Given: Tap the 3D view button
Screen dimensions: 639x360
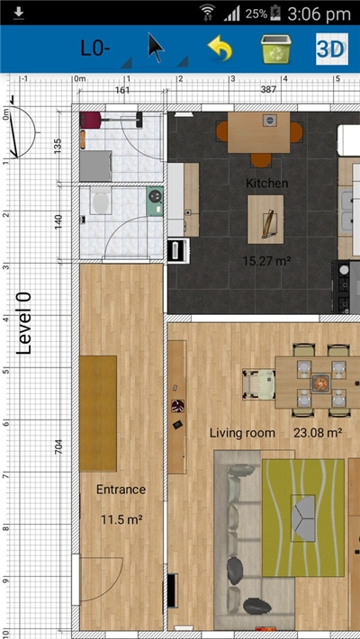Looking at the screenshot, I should point(330,49).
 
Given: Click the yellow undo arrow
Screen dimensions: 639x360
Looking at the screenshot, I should point(220,49).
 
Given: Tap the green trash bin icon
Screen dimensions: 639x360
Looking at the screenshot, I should point(274,49).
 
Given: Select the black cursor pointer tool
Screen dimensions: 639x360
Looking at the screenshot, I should point(157,49).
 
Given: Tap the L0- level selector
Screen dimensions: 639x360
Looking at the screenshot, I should point(95,49).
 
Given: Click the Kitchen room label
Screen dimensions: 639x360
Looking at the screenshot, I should point(267,183).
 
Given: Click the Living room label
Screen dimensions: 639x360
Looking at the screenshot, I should point(242,433).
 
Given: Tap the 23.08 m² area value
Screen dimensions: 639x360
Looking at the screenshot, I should point(317,433).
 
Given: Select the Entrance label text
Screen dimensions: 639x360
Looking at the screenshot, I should point(121,490).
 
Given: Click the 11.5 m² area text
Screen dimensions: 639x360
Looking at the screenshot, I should point(121,519).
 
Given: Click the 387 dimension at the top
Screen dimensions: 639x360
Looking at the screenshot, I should point(268,90).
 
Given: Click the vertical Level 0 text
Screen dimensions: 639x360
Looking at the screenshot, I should point(25,322).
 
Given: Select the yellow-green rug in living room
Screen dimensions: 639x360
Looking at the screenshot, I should point(302,517).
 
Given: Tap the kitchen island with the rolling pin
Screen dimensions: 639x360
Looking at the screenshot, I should point(266,220).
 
